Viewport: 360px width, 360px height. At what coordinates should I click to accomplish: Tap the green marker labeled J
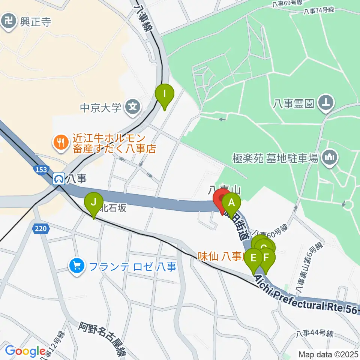pyautogui.click(x=94, y=205)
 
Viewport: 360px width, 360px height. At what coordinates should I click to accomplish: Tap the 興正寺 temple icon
pyautogui.click(x=8, y=21)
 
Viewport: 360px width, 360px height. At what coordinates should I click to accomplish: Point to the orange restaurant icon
pyautogui.click(x=60, y=142)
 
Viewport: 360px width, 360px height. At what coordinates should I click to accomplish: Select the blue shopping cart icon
pyautogui.click(x=77, y=267)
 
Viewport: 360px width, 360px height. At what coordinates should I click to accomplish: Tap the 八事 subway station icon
pyautogui.click(x=58, y=180)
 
